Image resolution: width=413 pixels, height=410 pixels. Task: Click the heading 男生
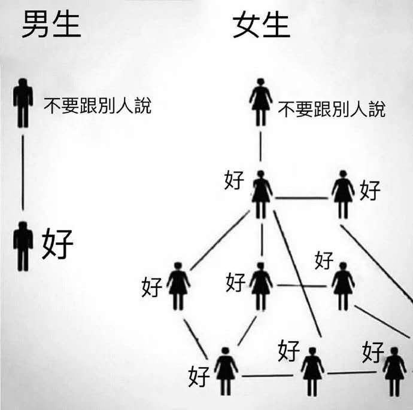50,26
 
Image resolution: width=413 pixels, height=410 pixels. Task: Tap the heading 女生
261,26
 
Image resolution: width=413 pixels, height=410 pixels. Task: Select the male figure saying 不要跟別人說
23,103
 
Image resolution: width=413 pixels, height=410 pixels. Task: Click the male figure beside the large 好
23,245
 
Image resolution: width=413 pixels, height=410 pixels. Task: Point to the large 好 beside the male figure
57,244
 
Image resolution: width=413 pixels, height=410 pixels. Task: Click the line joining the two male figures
23,173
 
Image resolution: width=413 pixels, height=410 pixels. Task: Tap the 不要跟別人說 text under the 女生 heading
332,109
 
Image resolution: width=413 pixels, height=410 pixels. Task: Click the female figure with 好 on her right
343,194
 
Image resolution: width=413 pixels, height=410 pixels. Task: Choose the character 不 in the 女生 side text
287,109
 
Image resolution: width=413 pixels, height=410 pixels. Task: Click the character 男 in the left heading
36,26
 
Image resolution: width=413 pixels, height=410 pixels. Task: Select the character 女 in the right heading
247,26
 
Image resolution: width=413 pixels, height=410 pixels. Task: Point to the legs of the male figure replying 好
23,259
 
